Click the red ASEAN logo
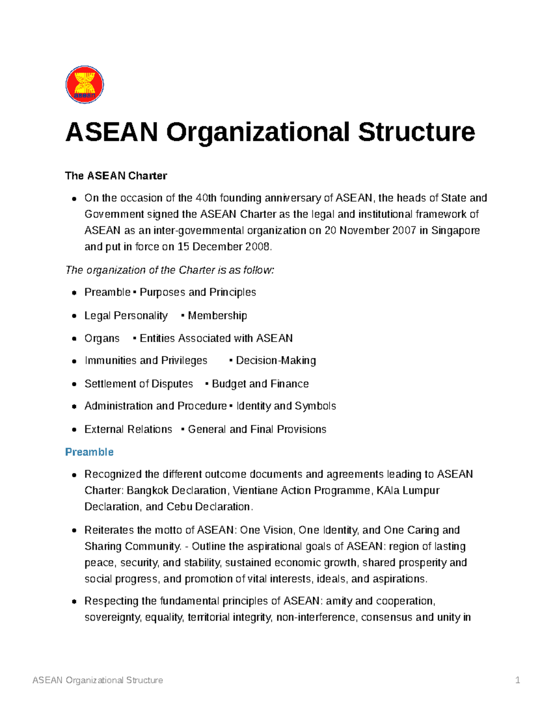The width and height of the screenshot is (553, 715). click(x=85, y=85)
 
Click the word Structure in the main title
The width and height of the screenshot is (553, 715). click(x=416, y=132)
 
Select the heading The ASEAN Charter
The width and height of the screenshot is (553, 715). click(x=116, y=176)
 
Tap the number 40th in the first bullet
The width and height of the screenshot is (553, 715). click(x=206, y=198)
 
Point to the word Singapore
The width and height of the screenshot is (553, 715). click(x=455, y=230)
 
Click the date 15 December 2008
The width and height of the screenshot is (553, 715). click(x=224, y=247)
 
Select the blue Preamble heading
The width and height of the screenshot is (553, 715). click(x=89, y=452)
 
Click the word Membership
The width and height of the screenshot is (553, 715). click(x=217, y=316)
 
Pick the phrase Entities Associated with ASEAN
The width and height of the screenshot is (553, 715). click(x=216, y=338)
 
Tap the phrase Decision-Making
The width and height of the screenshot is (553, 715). click(x=276, y=360)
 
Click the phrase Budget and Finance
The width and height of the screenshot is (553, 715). click(x=260, y=384)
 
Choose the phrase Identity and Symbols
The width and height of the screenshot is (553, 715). click(x=286, y=406)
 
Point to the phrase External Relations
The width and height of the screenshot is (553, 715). click(x=128, y=430)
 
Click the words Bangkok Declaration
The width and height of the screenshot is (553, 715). click(x=176, y=491)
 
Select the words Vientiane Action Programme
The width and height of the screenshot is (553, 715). click(x=301, y=491)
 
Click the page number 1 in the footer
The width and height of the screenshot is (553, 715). click(x=518, y=680)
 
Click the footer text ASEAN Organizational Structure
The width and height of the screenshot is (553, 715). click(x=98, y=680)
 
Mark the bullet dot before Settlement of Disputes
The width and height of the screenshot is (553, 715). click(x=74, y=384)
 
